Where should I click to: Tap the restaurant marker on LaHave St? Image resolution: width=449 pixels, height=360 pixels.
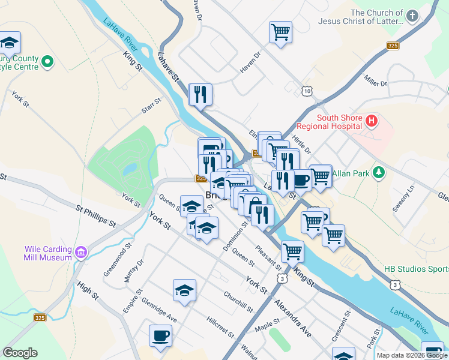coord(200,94)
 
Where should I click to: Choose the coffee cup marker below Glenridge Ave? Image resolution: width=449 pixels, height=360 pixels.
coord(160,335)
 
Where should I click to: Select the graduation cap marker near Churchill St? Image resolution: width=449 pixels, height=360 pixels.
coord(184,290)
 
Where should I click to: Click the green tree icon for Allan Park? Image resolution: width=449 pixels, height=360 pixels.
coord(378,173)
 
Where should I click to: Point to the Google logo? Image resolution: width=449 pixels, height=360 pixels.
coord(20,353)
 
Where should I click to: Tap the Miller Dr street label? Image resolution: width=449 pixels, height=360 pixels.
coord(376,79)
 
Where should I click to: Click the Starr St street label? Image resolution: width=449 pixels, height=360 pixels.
coord(151,104)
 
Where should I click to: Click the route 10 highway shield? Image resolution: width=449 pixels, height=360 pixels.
coord(307,91)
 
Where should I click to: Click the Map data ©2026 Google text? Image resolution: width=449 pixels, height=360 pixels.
coord(412,355)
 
